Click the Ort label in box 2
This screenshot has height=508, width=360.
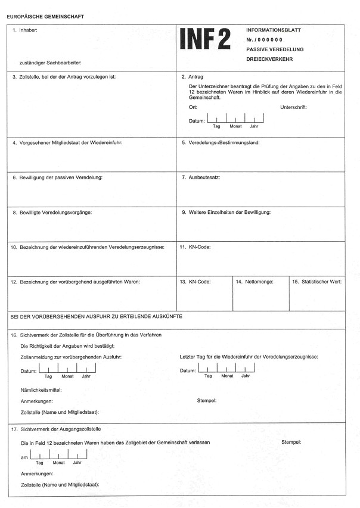pos(193,108)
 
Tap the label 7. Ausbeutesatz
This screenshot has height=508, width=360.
pos(200,177)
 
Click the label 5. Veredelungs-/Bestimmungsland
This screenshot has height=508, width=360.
pos(220,143)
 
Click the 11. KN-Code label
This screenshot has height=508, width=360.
pos(195,247)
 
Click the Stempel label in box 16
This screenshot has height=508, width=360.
pos(206,400)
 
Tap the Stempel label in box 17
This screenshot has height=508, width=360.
pos(291,442)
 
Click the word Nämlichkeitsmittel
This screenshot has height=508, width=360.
pos(41,390)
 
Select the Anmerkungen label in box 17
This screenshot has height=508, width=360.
pos(36,474)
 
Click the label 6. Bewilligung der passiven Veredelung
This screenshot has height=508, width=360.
pos(58,177)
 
